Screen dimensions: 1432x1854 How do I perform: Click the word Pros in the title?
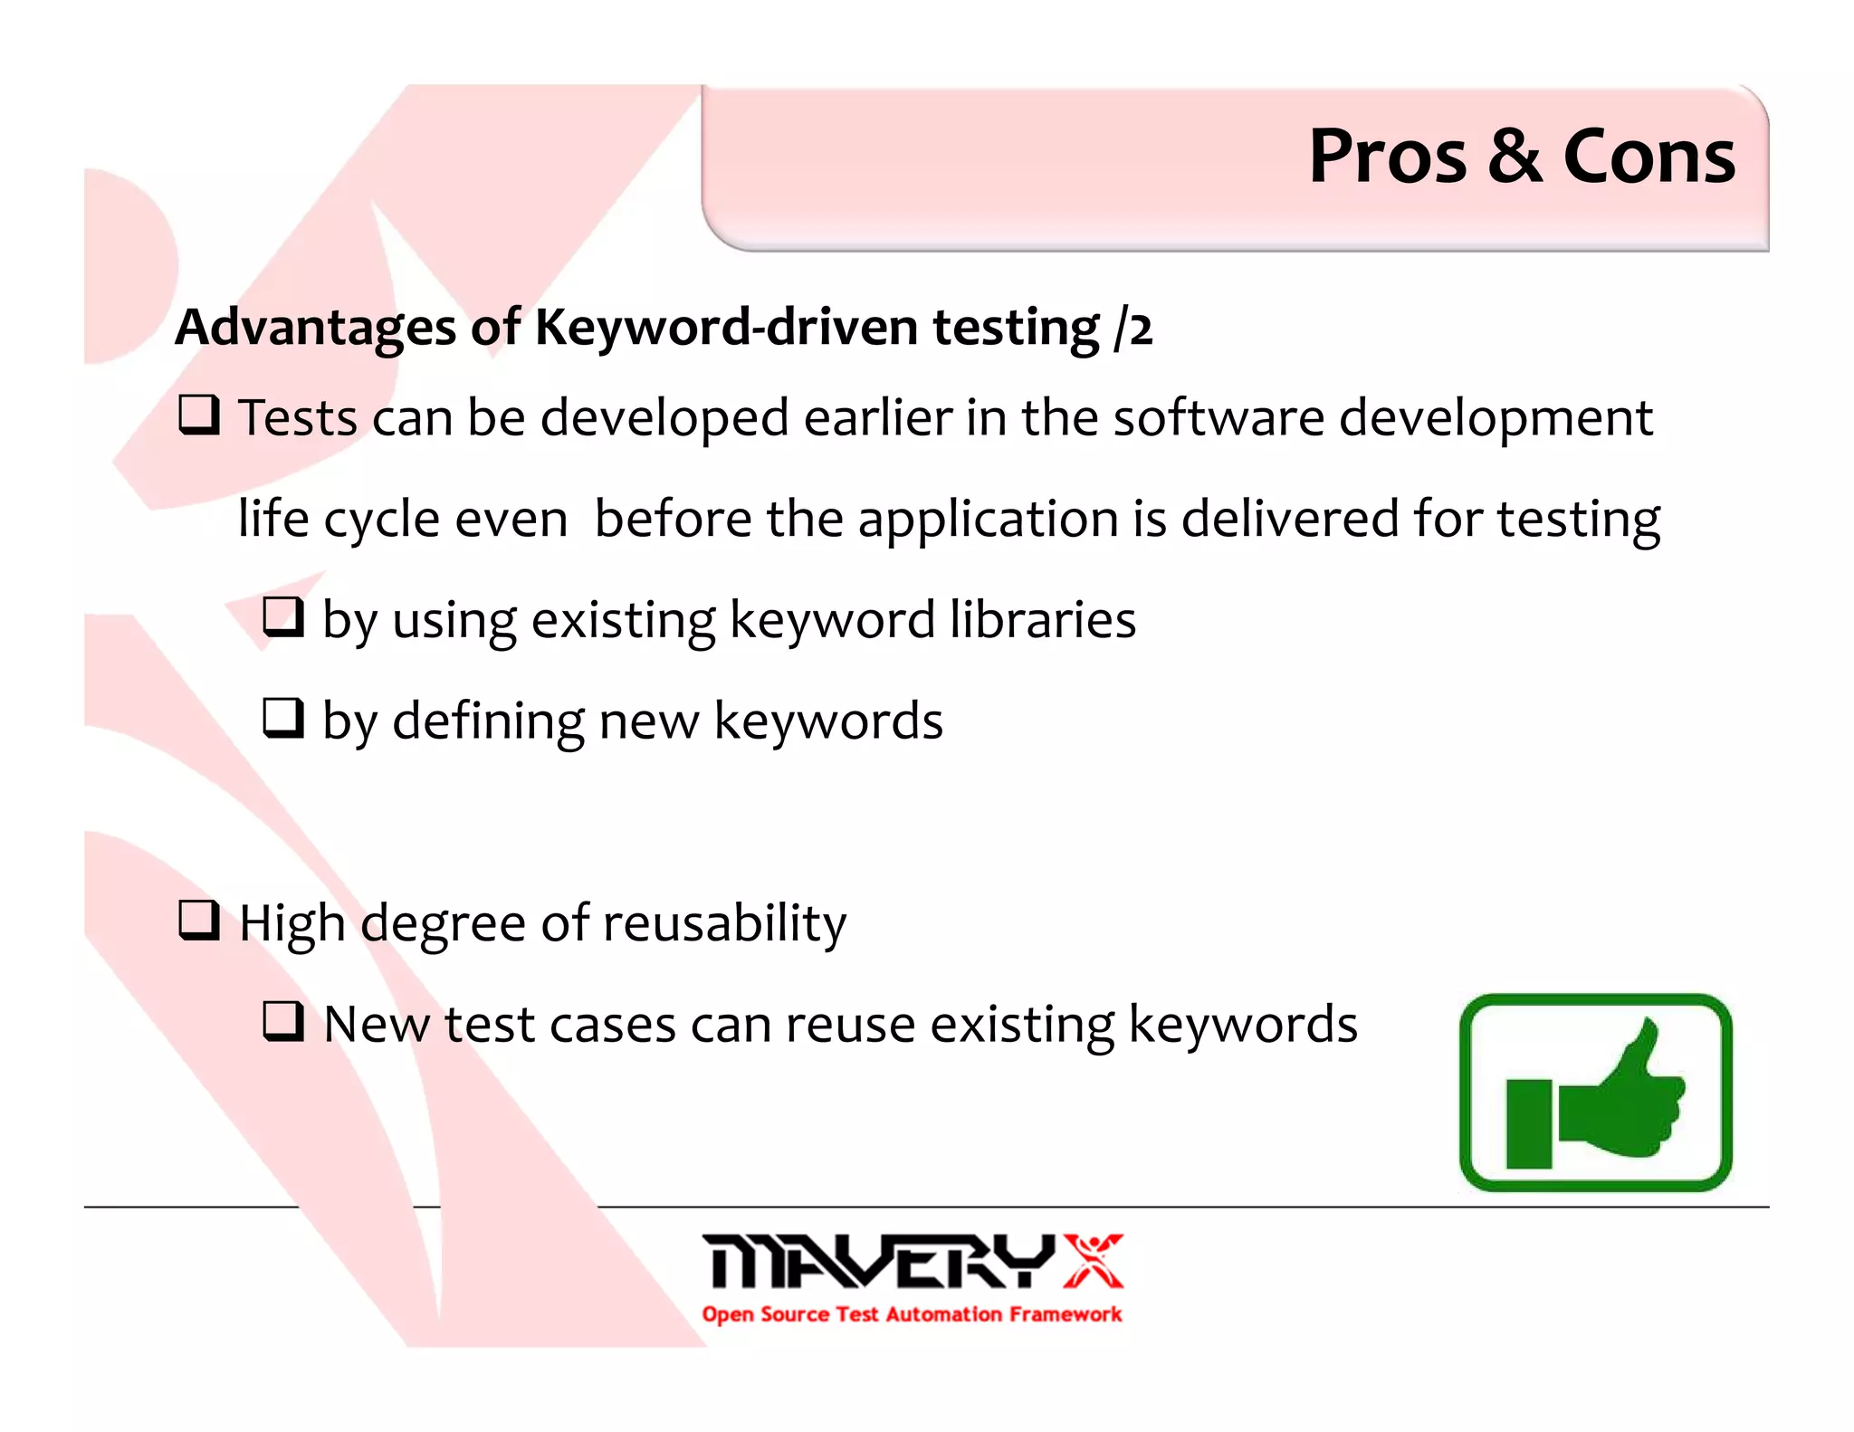point(1387,157)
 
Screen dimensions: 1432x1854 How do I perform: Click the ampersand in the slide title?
point(1515,157)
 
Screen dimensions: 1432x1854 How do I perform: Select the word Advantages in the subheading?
point(315,327)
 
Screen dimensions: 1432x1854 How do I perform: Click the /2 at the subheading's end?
point(1134,328)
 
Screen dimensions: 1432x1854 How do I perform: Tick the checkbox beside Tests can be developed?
point(198,415)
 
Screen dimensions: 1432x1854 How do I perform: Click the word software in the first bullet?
point(1218,418)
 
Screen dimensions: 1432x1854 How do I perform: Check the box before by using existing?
point(283,617)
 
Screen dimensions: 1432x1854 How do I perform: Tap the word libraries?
point(1042,620)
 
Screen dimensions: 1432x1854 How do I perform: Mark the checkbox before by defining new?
point(283,719)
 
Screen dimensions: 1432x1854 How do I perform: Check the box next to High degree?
point(198,921)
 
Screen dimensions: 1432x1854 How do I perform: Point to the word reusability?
point(724,924)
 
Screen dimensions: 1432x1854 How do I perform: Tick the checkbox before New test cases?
point(283,1022)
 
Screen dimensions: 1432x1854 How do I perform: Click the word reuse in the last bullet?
point(850,1025)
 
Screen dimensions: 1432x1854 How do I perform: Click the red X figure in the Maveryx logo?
point(1094,1260)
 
